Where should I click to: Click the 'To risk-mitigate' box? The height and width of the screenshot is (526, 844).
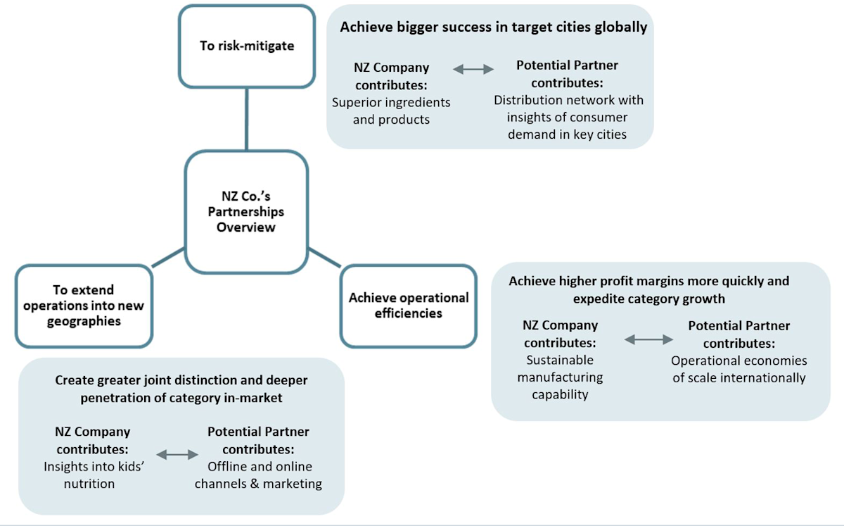246,46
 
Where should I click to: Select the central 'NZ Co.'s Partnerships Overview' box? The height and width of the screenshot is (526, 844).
246,211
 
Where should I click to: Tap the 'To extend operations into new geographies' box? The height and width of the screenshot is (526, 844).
84,306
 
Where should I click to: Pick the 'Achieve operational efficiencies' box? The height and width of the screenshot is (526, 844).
409,306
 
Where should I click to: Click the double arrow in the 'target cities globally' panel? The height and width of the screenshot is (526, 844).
473,69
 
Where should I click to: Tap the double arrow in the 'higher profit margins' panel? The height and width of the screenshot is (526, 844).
648,339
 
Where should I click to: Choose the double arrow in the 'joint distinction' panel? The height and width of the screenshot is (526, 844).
177,455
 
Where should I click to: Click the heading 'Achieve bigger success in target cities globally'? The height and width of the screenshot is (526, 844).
493,27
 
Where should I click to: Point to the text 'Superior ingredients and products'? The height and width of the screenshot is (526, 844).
391,111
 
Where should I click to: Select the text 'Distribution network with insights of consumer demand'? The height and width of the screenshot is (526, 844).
568,117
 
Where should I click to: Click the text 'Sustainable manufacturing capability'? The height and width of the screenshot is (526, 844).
560,377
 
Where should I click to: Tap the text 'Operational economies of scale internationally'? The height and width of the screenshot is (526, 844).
738,369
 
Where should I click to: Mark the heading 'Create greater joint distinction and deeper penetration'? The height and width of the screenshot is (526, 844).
181,389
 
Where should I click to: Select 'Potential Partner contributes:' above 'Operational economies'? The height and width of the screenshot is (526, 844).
738,334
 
